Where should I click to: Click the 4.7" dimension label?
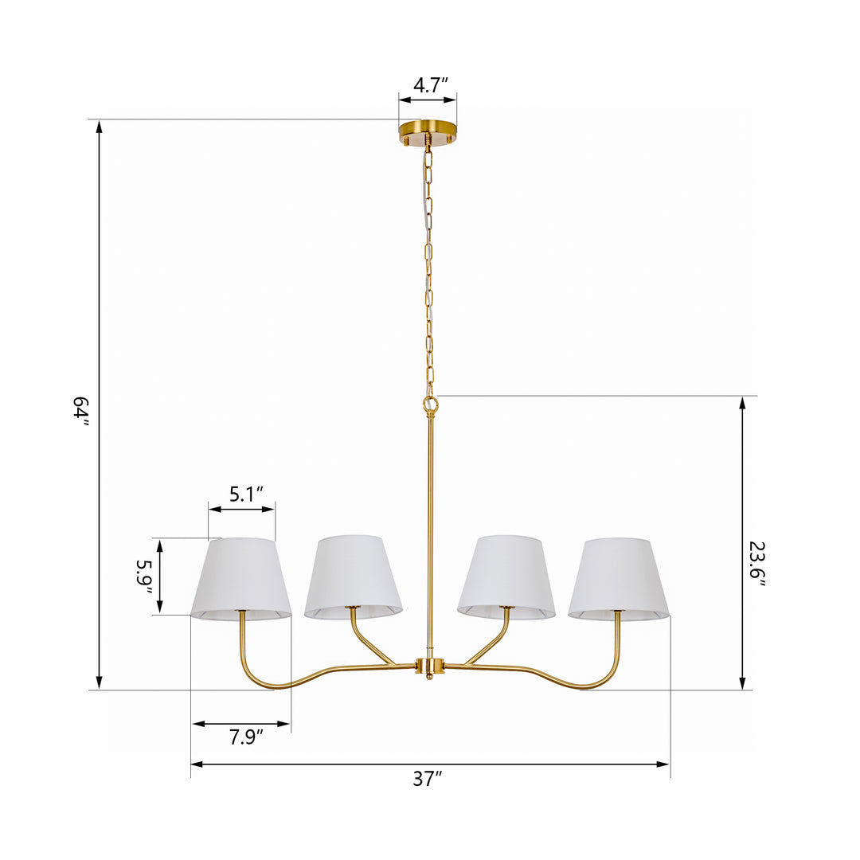431,85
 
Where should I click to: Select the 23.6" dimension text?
757,563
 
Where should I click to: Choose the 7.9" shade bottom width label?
246,737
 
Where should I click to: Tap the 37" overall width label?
428,779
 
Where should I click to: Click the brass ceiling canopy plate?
428,133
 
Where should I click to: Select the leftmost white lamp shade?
240,579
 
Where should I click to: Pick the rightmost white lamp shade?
619,579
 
